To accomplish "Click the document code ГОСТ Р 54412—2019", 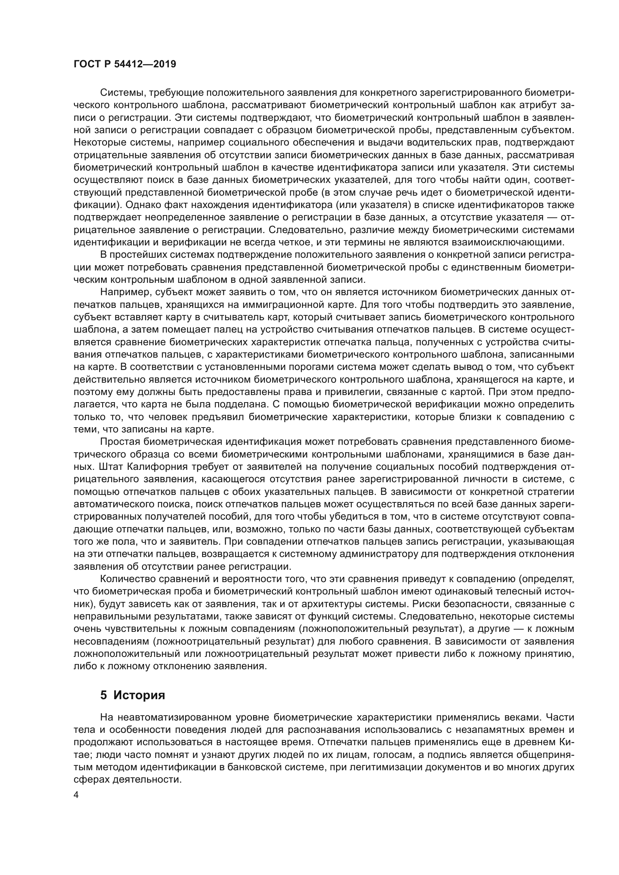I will tap(125, 64).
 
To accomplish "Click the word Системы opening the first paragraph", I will tap(122, 93).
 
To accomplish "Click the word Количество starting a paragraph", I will tap(126, 579).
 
